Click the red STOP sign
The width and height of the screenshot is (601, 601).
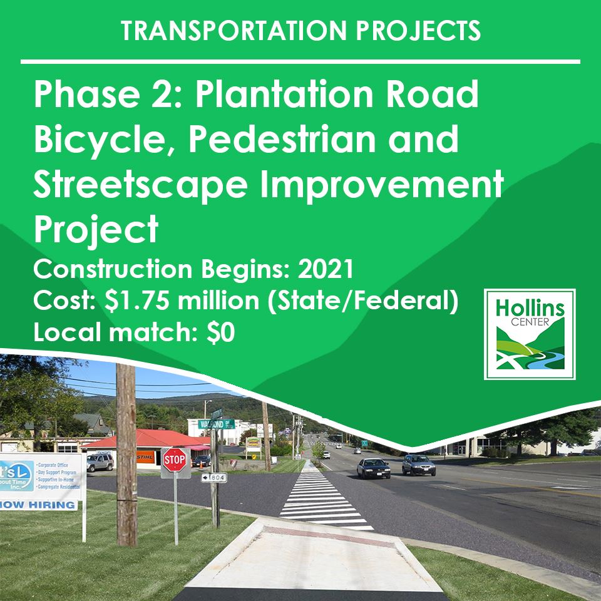175,460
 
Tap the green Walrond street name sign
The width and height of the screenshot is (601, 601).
215,424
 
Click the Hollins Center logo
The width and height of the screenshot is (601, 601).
530,334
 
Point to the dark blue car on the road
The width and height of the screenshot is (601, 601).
373,467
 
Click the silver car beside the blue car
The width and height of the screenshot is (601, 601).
418,464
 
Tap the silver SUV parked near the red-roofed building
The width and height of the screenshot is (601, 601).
100,462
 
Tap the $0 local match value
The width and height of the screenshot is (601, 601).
221,333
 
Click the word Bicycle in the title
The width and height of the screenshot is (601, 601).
100,141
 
